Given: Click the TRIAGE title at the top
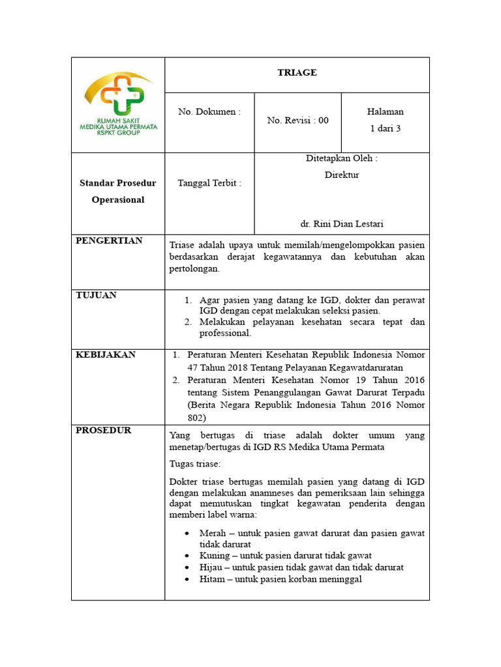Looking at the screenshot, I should [297, 72].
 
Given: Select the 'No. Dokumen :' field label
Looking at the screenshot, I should [209, 112].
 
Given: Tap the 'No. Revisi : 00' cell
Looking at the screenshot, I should [297, 121].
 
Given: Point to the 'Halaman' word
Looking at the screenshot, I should [385, 112].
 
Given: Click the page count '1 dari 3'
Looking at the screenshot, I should [385, 128].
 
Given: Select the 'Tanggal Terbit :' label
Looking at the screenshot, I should [209, 183].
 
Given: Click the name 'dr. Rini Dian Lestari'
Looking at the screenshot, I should [342, 223].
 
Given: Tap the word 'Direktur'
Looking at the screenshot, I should [342, 175].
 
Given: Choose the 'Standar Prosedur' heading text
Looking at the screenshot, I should [118, 183].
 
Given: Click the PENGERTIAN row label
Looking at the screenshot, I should [109, 241].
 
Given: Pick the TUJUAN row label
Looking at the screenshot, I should [97, 295].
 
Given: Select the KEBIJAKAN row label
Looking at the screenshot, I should [106, 354].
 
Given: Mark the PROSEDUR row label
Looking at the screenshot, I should [104, 430].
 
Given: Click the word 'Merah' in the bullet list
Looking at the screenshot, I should [213, 533].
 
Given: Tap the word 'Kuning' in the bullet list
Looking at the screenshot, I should [215, 556].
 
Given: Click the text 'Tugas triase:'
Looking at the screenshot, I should [195, 464].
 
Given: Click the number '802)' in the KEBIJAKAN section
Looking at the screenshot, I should [196, 418].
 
